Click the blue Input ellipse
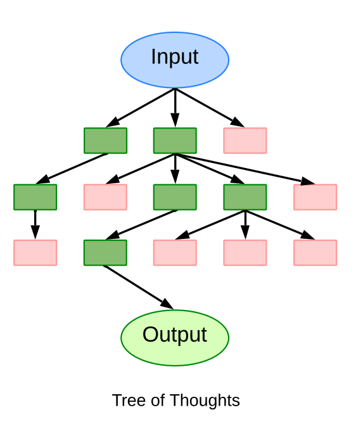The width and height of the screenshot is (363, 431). pos(175,60)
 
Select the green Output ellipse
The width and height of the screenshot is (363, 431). pos(175,337)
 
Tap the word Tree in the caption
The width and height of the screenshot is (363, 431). pos(125,401)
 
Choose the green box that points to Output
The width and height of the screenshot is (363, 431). pos(105,252)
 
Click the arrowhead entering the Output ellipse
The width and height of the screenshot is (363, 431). pos(167,305)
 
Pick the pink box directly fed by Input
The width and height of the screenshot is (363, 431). pos(245,141)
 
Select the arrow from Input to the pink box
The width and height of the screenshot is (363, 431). pos(210,108)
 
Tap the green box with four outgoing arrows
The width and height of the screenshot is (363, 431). pos(175,141)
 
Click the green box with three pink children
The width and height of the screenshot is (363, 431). pos(245,197)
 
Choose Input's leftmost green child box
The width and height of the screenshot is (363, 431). pos(105,141)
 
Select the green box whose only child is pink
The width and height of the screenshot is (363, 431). pos(35,197)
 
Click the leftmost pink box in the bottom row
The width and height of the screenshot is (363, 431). pos(35,252)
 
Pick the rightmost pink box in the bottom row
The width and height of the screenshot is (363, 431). pos(315,252)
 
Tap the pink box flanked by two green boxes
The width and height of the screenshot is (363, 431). pos(105,197)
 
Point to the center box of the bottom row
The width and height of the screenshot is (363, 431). pos(175,252)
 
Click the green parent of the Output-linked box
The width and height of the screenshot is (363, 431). pos(175,197)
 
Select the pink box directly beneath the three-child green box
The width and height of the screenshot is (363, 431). pos(245,252)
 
